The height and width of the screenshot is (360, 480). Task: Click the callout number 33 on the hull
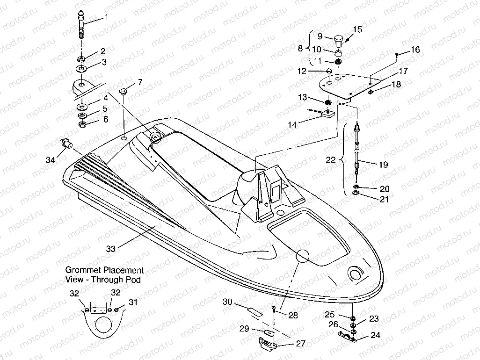pyautogui.click(x=110, y=249)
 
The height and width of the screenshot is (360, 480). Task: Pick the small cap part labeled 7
pyautogui.click(x=124, y=91)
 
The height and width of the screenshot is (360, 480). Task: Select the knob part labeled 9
pyautogui.click(x=339, y=38)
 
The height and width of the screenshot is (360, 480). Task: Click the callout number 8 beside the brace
pyautogui.click(x=300, y=48)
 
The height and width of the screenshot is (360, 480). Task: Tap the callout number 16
pyautogui.click(x=415, y=50)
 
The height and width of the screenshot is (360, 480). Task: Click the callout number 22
pyautogui.click(x=331, y=159)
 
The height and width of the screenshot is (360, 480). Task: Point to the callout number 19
pyautogui.click(x=383, y=165)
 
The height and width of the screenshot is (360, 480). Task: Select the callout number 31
pyautogui.click(x=133, y=302)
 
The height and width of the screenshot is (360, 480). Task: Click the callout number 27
pyautogui.click(x=300, y=343)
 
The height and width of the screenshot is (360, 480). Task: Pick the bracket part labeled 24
pyautogui.click(x=347, y=336)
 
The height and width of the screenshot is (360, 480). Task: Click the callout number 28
pyautogui.click(x=293, y=316)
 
